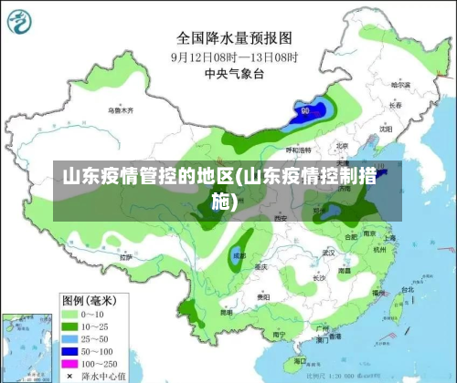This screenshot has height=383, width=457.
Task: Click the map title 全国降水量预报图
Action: tap(233, 37)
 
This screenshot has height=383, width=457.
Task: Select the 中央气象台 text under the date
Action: tap(233, 74)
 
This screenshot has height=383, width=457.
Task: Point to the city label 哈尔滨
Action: tap(401, 84)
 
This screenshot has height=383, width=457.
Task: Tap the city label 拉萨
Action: tap(126, 258)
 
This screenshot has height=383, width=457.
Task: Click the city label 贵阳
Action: tap(263, 296)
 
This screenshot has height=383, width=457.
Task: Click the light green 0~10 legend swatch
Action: tap(69, 313)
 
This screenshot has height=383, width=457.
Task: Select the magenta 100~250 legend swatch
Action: tap(69, 363)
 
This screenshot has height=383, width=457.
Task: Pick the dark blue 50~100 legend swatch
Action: tap(69, 350)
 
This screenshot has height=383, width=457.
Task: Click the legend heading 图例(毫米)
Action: tap(88, 299)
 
